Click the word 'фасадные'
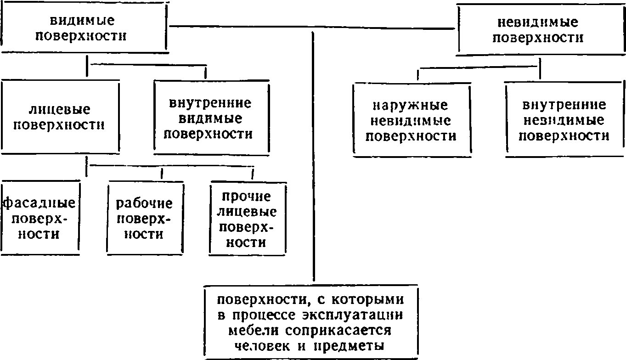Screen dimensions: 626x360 (39, 203)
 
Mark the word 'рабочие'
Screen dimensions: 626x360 (144, 203)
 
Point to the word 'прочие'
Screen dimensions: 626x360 (246, 197)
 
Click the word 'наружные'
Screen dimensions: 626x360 (411, 106)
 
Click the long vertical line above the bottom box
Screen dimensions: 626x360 (313, 157)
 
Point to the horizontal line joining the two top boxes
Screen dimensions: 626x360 (312, 27)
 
